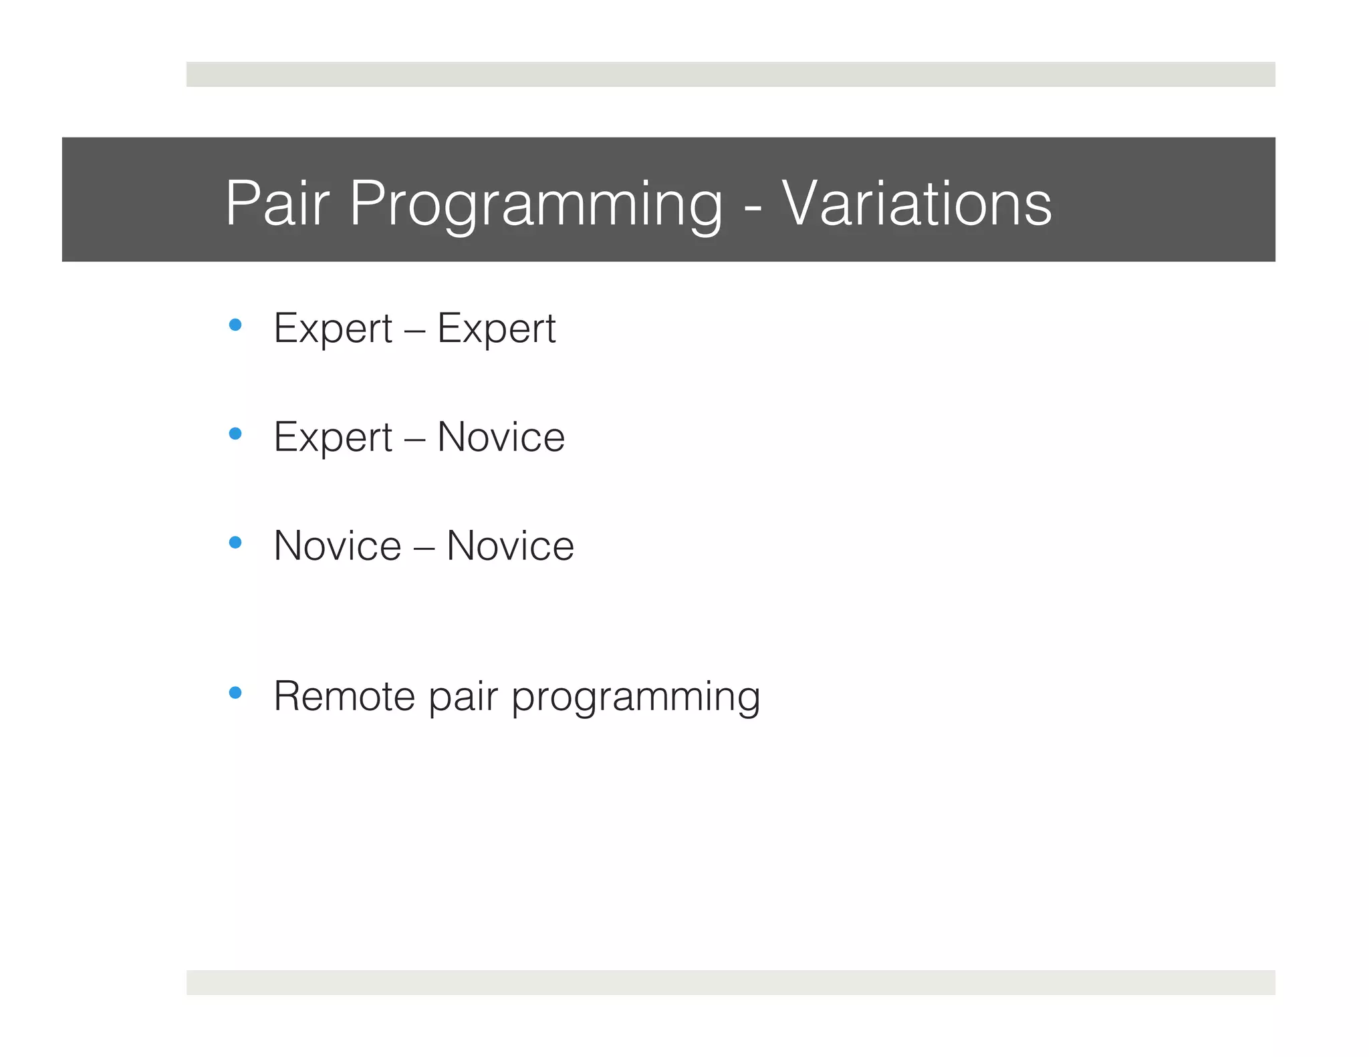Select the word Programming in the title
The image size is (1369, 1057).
coord(535,203)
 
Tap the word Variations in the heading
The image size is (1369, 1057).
coord(916,203)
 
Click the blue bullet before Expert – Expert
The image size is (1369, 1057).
coord(235,325)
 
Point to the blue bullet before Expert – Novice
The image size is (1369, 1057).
coord(235,434)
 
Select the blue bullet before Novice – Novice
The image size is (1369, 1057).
coord(235,542)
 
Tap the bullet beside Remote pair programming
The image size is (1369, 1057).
coord(235,692)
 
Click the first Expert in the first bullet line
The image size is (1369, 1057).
coord(333,329)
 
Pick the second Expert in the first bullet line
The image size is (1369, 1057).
coord(496,329)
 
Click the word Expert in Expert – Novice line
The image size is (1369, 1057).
coord(333,437)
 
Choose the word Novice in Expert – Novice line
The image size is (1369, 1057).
coord(501,437)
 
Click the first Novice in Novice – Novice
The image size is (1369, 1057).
coord(338,546)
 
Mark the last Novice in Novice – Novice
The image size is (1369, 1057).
coord(510,546)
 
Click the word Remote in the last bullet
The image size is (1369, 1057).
coord(345,696)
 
